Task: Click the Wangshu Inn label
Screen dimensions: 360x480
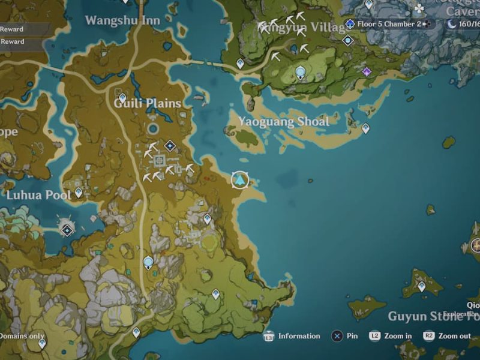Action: pyautogui.click(x=122, y=20)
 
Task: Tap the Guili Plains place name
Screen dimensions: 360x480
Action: pyautogui.click(x=148, y=103)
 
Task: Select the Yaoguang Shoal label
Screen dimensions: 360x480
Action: pyautogui.click(x=284, y=122)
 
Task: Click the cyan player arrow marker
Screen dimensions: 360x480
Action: pyautogui.click(x=240, y=179)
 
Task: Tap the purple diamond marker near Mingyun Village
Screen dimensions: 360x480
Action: pyautogui.click(x=367, y=71)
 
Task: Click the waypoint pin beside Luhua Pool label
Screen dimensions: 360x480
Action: pyautogui.click(x=79, y=193)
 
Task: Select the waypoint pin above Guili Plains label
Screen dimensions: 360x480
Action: pyautogui.click(x=122, y=97)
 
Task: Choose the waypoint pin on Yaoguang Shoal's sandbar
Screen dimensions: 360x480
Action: pyautogui.click(x=365, y=128)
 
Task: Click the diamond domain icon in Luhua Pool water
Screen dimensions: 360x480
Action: pyautogui.click(x=67, y=229)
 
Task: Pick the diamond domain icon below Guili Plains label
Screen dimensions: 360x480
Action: pyautogui.click(x=170, y=145)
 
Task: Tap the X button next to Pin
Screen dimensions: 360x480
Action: pyautogui.click(x=337, y=336)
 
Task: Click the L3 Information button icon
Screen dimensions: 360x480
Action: pyautogui.click(x=268, y=336)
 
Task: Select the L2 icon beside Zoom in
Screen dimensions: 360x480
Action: pyautogui.click(x=375, y=336)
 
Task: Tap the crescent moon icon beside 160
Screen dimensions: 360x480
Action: pyautogui.click(x=452, y=24)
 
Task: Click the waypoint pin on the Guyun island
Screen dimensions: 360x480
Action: pyautogui.click(x=422, y=286)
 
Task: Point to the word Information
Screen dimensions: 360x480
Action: pyautogui.click(x=299, y=336)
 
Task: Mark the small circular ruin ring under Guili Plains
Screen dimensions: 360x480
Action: pyautogui.click(x=153, y=128)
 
